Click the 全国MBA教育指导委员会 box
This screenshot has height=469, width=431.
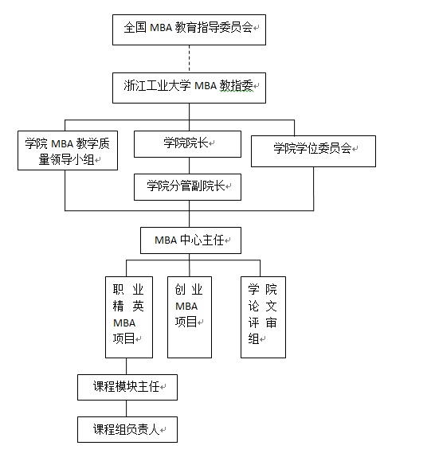point(189,30)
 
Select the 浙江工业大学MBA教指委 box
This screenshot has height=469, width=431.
point(189,88)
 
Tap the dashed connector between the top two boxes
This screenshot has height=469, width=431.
point(189,59)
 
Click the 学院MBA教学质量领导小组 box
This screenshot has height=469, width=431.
point(68,150)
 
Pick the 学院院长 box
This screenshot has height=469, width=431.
point(187,144)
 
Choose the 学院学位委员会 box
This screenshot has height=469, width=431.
point(313,151)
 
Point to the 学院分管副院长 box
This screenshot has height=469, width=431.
point(187,187)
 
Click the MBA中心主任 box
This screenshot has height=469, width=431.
point(190,240)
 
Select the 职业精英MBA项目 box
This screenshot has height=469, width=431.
point(129,317)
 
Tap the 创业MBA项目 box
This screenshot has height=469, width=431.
point(190,317)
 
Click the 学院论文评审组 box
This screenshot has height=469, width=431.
point(264,317)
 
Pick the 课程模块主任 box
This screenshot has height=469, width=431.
point(127,387)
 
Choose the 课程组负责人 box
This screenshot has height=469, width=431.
point(127,429)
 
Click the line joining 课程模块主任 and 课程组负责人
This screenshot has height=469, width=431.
point(127,408)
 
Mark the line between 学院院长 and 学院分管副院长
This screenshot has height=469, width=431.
point(189,166)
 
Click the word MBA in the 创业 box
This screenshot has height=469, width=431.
point(186,307)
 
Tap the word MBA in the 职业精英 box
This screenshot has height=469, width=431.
point(124,323)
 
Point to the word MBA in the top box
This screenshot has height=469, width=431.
point(161,28)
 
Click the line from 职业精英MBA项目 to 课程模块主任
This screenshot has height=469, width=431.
point(127,366)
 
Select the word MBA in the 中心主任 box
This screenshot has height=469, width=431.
point(166,240)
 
